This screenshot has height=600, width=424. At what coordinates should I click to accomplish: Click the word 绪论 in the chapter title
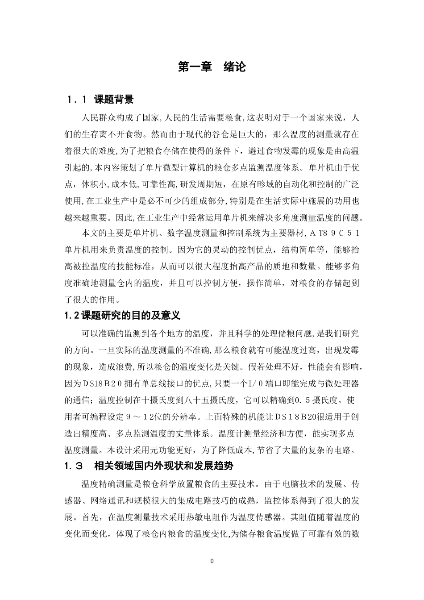(x=235, y=67)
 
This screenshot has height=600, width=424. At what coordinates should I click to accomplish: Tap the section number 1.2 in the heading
(x=72, y=315)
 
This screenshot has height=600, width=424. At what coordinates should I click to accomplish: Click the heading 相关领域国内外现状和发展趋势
(x=164, y=466)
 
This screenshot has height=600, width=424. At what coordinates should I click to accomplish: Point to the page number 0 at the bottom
(x=212, y=561)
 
